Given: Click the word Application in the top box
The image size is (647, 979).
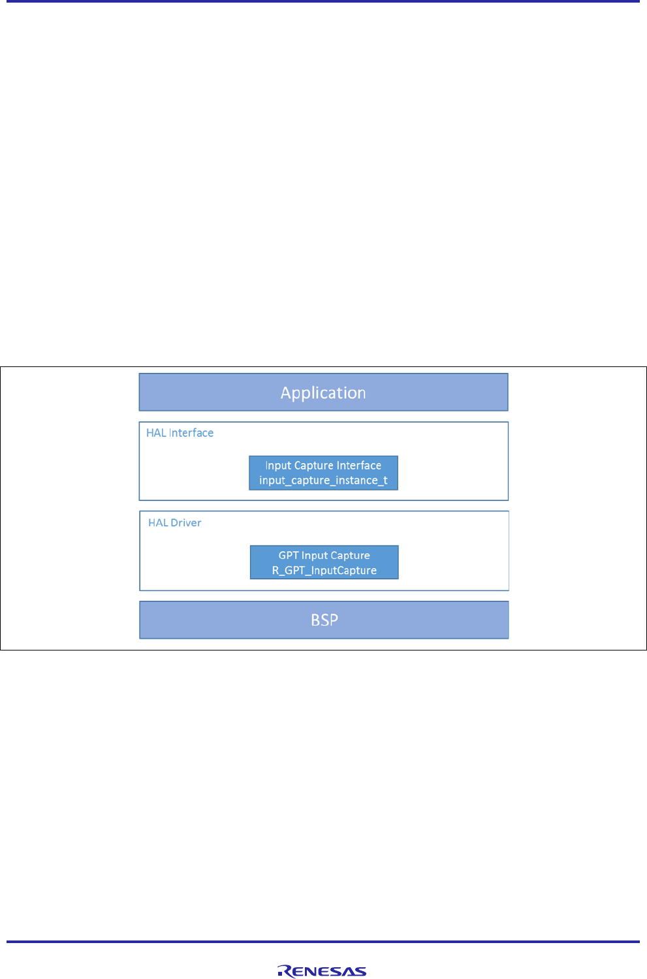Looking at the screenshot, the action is click(323, 393).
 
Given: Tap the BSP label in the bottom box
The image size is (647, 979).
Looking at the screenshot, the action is click(324, 620).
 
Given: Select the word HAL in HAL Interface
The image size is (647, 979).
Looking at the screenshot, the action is click(156, 433).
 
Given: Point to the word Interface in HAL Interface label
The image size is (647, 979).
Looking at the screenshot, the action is click(191, 433).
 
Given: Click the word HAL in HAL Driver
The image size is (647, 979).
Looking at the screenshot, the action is click(158, 522).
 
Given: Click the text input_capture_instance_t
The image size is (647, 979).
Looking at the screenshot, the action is click(323, 481).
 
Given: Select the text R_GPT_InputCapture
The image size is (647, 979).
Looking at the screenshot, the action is click(324, 571).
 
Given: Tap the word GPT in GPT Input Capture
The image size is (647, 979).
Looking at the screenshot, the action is click(289, 556).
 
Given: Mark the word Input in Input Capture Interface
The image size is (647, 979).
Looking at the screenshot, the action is click(278, 466).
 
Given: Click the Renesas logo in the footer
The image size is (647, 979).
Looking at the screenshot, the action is click(322, 971).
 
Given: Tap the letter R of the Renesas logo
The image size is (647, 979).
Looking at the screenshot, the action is click(284, 971).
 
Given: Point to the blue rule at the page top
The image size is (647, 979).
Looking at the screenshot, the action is click(323, 1).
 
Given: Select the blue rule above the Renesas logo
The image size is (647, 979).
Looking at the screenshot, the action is click(323, 942).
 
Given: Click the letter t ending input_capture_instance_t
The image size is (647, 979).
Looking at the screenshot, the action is click(385, 481).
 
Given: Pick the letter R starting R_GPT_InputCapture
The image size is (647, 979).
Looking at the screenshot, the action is click(276, 571).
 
